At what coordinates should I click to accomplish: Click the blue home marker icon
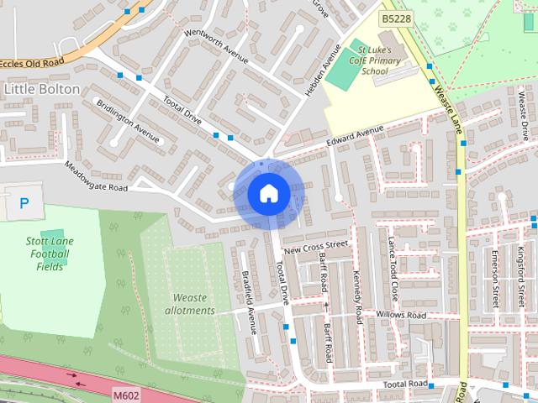click(x=267, y=194)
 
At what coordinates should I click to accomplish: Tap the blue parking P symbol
click(x=24, y=202)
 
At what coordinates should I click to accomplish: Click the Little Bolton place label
click(x=42, y=88)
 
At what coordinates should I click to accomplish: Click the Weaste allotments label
click(x=194, y=304)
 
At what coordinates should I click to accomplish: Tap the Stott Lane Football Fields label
click(x=50, y=254)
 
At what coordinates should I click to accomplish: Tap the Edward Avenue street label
click(x=355, y=136)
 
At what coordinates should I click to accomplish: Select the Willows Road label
click(x=402, y=316)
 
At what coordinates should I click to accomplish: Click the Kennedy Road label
click(x=357, y=290)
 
